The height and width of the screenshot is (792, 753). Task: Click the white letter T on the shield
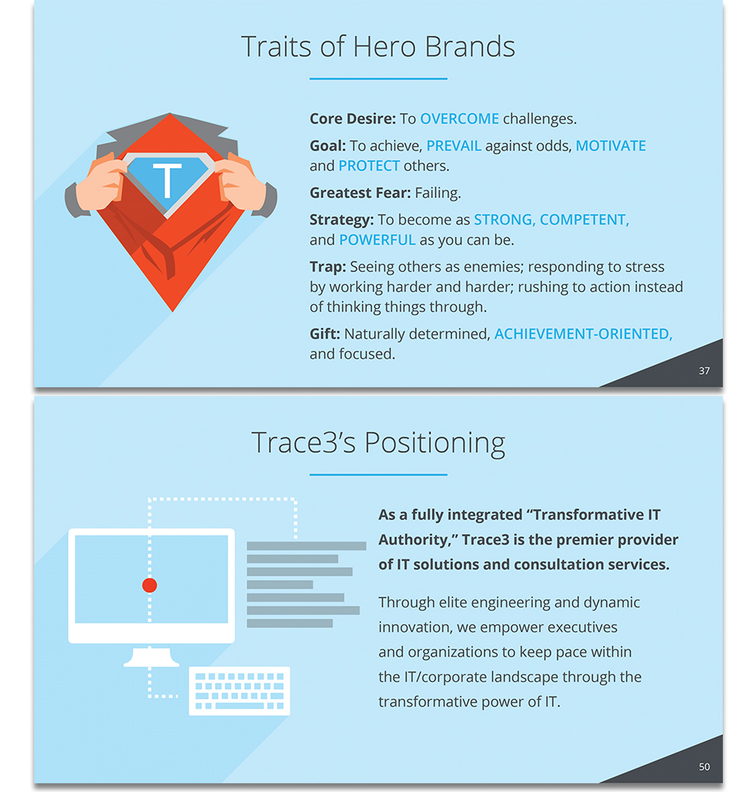[x=167, y=179]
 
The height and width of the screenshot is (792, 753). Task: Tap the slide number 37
[x=704, y=371]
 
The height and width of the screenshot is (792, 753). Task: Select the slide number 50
[x=704, y=767]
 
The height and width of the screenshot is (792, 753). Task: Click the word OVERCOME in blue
[x=460, y=119]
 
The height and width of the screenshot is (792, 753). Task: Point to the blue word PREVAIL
[x=454, y=146]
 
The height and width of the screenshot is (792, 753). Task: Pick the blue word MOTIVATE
[x=610, y=146]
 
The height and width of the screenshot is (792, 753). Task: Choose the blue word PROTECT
[x=369, y=166]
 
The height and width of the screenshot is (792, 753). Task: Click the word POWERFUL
[x=377, y=240]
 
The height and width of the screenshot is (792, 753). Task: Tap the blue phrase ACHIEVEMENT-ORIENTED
[x=583, y=334]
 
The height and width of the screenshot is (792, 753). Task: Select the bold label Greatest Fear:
[x=361, y=193]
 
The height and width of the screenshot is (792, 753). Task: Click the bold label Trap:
[x=328, y=267]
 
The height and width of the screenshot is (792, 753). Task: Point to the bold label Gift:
[x=325, y=334]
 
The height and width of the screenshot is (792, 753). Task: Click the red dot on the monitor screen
[x=150, y=585]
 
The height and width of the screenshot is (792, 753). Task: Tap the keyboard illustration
[x=239, y=691]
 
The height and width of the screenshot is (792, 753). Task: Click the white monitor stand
[x=151, y=656]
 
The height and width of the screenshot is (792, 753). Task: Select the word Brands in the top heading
[x=469, y=47]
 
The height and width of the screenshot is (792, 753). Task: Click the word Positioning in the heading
[x=434, y=444]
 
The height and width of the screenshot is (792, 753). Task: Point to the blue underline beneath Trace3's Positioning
[x=379, y=474]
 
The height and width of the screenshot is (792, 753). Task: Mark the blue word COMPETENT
[x=584, y=220]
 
